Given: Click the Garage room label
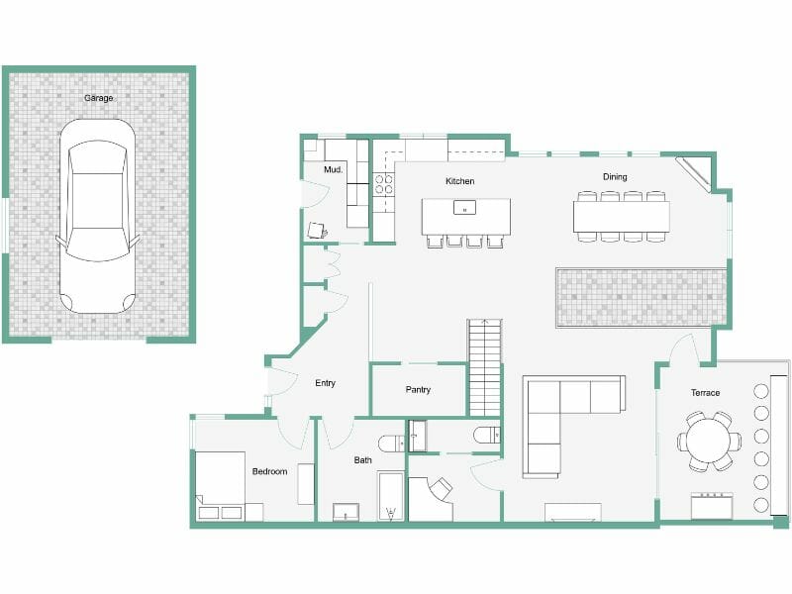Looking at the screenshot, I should coord(98,99).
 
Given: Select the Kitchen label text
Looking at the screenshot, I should coord(459,181).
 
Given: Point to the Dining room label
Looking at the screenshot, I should coord(615,177).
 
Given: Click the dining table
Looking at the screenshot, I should coord(621,216).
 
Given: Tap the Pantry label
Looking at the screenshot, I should coord(418,390).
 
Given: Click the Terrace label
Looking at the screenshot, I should coord(705,393).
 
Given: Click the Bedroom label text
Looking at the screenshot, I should coord(269,471).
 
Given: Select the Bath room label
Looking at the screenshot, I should coord(363,460).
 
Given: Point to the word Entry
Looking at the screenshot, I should coord(325,383).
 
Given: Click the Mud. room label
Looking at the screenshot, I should coord(334,170).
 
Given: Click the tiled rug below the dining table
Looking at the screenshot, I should coord(642,297).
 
